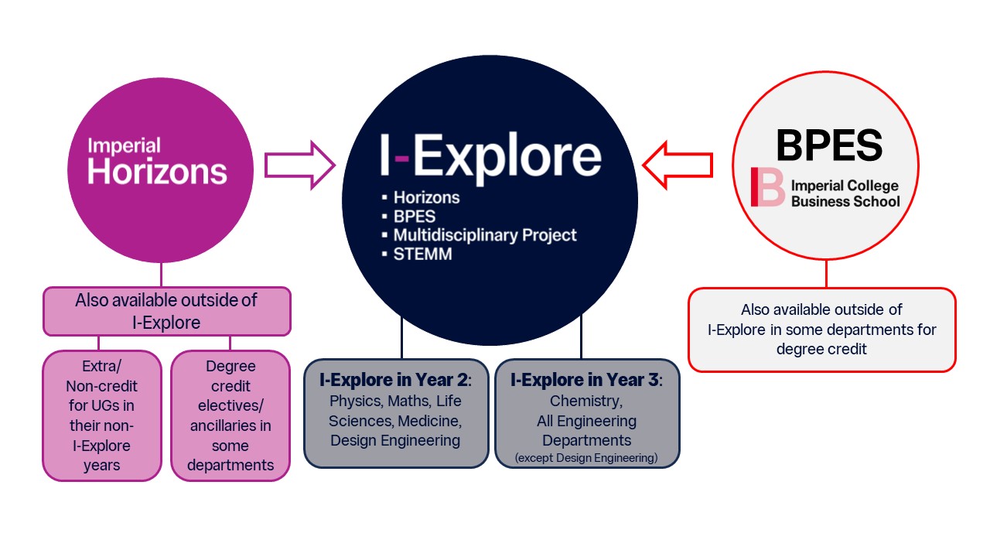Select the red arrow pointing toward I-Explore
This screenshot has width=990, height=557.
coord(678,165)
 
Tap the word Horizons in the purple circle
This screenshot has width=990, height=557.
coord(157,171)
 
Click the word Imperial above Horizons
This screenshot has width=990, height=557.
coord(124,145)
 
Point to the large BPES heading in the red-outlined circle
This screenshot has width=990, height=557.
coord(828,145)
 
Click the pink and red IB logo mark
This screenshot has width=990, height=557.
coord(767,187)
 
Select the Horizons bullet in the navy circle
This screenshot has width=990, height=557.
coord(426,197)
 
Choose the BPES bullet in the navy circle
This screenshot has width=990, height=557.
coord(414,216)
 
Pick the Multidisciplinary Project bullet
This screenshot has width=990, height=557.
coord(484,234)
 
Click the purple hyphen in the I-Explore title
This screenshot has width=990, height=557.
coord(401,157)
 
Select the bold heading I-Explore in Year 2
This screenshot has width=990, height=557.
coord(395,380)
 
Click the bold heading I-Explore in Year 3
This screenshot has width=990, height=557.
coord(586,380)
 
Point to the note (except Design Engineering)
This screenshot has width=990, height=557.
coord(586,459)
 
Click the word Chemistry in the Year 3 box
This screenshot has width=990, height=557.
coord(586,401)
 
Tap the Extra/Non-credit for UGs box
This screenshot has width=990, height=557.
coord(101,415)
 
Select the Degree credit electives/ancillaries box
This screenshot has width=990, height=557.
coord(230,415)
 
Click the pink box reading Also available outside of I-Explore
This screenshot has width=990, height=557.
coord(166,311)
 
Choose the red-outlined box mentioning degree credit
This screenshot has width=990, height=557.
coord(821,330)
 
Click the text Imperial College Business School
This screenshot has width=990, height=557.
coord(845,193)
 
